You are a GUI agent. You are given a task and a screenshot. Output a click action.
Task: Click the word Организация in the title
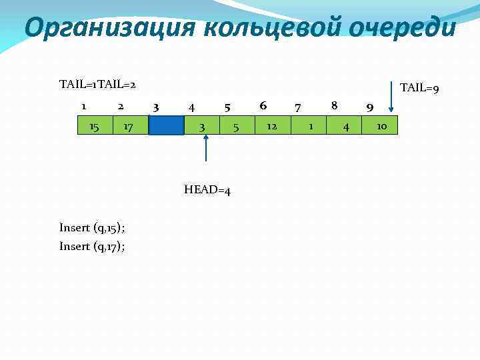pyautogui.click(x=109, y=28)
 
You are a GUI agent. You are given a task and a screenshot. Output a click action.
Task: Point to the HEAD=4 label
pyautogui.click(x=207, y=191)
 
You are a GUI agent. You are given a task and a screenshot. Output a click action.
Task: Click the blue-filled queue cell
pyautogui.click(x=166, y=125)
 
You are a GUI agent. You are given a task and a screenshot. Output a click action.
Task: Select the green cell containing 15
pyautogui.click(x=95, y=125)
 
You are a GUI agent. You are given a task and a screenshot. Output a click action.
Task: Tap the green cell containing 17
pyautogui.click(x=131, y=125)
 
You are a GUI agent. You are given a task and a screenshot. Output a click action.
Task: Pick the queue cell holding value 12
pyautogui.click(x=273, y=125)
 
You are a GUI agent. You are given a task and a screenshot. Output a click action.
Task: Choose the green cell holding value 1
pyautogui.click(x=309, y=125)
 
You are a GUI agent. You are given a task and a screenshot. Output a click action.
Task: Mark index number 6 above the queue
pyautogui.click(x=263, y=105)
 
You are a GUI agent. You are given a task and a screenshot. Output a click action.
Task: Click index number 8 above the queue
pyautogui.click(x=334, y=105)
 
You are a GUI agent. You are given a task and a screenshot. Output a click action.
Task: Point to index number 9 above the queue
pyautogui.click(x=370, y=107)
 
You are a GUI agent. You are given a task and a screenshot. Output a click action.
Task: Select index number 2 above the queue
pyautogui.click(x=120, y=105)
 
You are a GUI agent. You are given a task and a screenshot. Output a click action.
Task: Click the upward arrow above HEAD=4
pyautogui.click(x=206, y=147)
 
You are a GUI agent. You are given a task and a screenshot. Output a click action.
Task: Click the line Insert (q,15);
pyautogui.click(x=92, y=227)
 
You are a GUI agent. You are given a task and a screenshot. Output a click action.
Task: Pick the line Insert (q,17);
pyautogui.click(x=92, y=246)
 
